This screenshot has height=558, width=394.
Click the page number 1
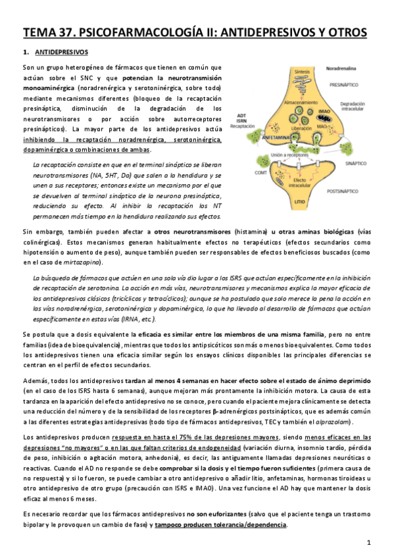click(x=370, y=542)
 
